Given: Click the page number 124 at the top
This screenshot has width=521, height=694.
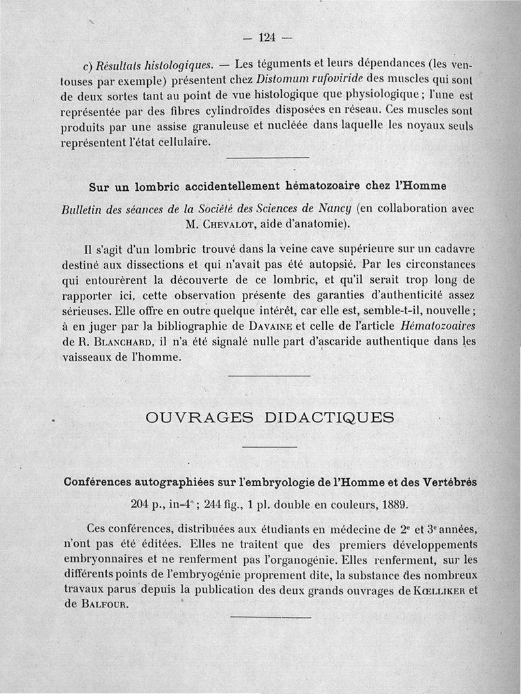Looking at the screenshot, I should click(x=268, y=37).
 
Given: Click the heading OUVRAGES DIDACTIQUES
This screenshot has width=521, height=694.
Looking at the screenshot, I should click(x=270, y=418).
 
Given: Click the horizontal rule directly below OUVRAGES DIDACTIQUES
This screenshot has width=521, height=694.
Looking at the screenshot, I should click(x=270, y=446).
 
